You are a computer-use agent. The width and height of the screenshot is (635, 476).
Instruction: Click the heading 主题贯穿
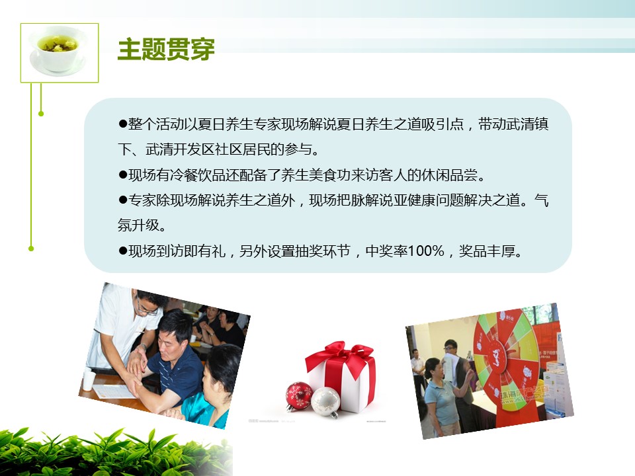[x=166, y=50]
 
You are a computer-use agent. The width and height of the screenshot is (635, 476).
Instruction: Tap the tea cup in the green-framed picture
[x=58, y=51]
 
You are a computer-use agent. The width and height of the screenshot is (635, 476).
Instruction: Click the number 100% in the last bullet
[x=425, y=251]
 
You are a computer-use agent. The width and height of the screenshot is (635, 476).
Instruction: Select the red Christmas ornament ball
[x=299, y=396]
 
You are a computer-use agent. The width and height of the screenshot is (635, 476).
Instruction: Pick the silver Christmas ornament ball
[x=326, y=402]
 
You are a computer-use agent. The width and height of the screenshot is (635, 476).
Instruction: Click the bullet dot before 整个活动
[x=123, y=124]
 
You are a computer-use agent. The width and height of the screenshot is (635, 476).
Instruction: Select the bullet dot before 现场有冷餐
[x=123, y=175]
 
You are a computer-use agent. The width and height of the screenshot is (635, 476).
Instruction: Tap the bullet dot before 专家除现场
[x=123, y=200]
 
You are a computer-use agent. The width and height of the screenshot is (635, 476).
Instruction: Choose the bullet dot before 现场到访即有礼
[x=123, y=251]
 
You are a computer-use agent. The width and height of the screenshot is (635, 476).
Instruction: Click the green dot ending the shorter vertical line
[x=41, y=114]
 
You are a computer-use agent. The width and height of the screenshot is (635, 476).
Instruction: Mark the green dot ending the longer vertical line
[x=31, y=249]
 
